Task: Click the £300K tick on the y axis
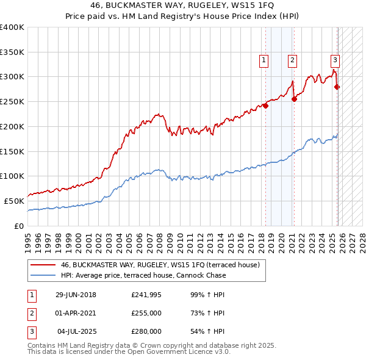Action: point(12,77)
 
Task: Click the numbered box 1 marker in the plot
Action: point(264,60)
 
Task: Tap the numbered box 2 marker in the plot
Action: point(293,60)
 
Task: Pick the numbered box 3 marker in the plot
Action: point(335,60)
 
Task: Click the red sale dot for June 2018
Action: point(266,106)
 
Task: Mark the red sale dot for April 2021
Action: point(294,99)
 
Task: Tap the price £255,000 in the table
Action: point(146,314)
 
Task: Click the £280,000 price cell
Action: point(146,331)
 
